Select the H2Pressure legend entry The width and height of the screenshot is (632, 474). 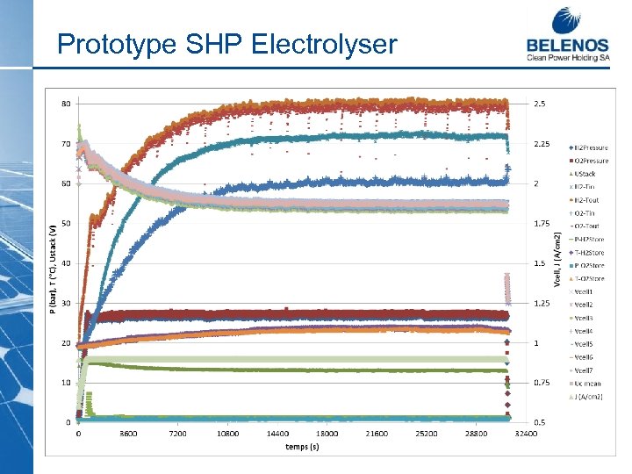591,147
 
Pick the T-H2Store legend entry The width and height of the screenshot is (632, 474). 590,252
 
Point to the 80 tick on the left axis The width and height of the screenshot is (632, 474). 66,104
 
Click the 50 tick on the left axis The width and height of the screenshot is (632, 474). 66,223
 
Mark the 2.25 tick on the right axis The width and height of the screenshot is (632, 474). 542,144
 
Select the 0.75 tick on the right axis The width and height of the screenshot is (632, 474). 542,383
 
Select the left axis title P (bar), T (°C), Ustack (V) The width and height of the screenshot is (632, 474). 54,263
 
